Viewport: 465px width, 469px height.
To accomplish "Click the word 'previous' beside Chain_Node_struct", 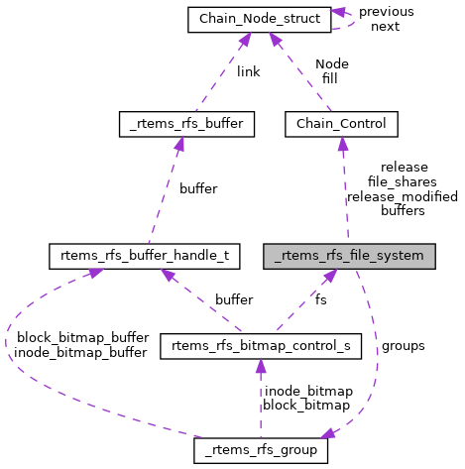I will [386, 12].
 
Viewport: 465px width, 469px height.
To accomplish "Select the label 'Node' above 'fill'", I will [331, 63].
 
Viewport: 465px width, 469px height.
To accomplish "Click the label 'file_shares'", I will [402, 182].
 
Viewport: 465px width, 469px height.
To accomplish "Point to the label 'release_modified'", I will [402, 196].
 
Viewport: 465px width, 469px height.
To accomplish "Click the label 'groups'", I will [403, 346].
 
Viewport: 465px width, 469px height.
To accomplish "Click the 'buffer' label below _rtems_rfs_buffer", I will [197, 188].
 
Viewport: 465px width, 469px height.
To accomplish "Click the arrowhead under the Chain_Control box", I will [342, 143].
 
